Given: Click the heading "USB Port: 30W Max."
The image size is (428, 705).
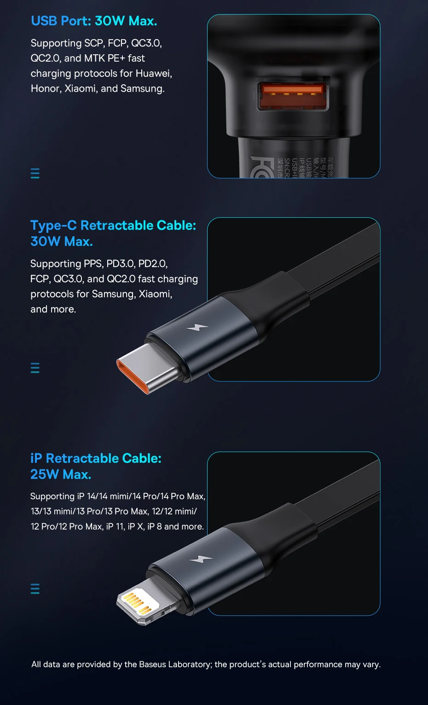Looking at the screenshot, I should pos(94,21).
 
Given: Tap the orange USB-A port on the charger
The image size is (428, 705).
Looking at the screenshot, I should pos(293,96).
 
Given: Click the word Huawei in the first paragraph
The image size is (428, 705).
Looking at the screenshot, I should pos(153,74).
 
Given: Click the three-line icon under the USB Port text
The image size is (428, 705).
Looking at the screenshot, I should pos(35,173).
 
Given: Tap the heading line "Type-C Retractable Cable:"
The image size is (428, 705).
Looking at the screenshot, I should pos(113,225).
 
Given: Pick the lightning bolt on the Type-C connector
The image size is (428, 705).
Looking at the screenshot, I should pos(197,328).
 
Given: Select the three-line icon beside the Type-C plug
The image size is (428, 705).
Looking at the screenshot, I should pos(35,368).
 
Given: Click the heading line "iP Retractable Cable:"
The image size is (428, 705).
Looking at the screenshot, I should pos(96,458).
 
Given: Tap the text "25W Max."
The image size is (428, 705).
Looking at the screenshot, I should pos(61,474).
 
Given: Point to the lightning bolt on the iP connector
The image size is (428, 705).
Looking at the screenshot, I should pos(201,559).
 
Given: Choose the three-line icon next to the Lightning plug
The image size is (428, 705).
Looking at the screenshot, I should pos(35,589).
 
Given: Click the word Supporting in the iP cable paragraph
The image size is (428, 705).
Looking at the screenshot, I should pos(52,497).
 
